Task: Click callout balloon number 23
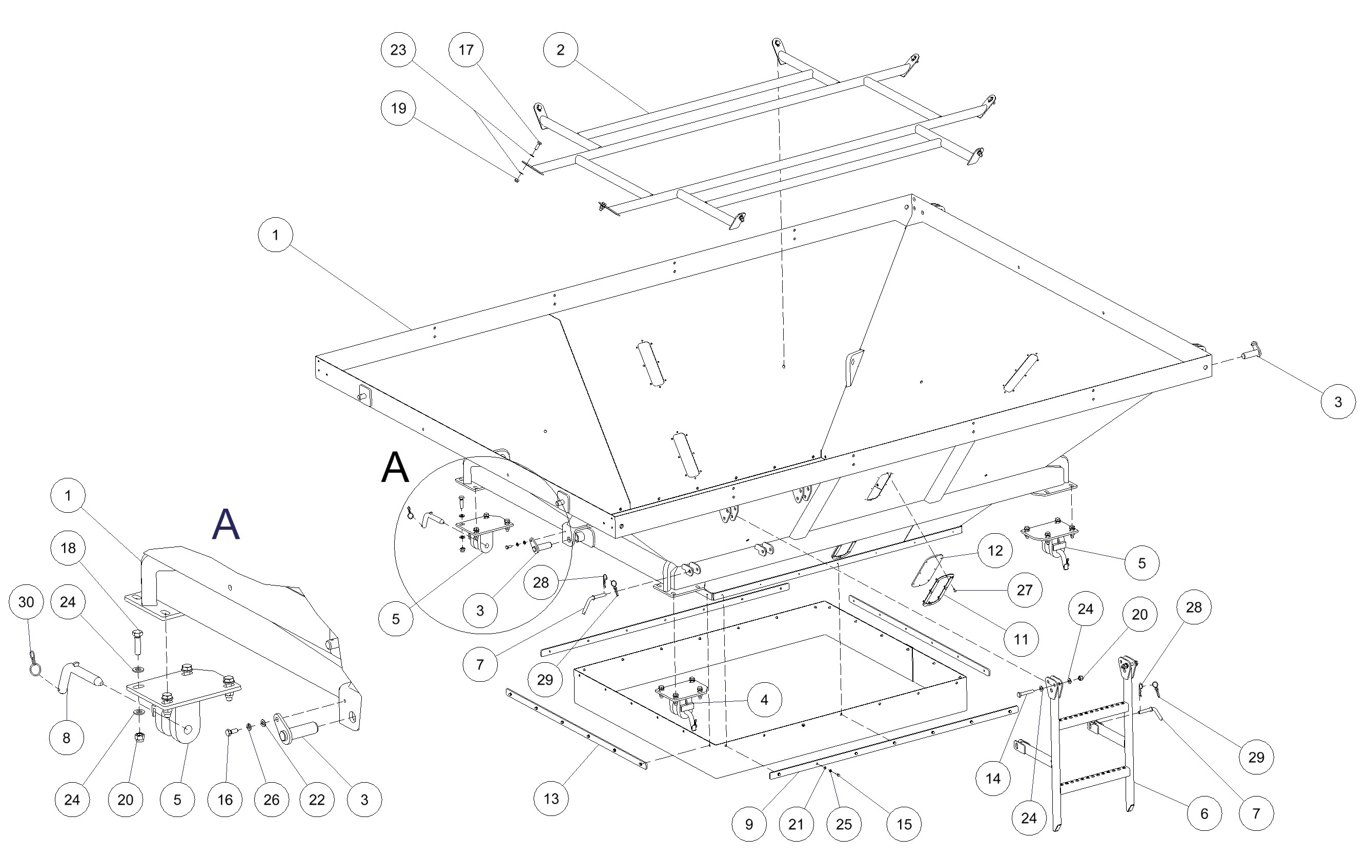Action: point(398,50)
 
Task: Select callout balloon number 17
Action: point(466,50)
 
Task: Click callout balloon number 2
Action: point(560,50)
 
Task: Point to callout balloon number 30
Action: point(26,602)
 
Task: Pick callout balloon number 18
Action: point(68,548)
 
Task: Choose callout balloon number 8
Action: point(67,738)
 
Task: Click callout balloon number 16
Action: point(226,800)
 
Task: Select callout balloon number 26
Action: point(271,800)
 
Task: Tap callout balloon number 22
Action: point(317,800)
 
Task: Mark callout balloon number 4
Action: point(764,700)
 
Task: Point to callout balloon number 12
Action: point(994,550)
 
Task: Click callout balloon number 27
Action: point(1025,591)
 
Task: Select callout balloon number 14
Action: point(993,779)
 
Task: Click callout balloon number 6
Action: point(1204,813)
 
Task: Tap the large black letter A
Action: point(395,468)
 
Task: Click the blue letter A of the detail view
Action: point(226,524)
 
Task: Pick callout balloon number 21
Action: point(796,824)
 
